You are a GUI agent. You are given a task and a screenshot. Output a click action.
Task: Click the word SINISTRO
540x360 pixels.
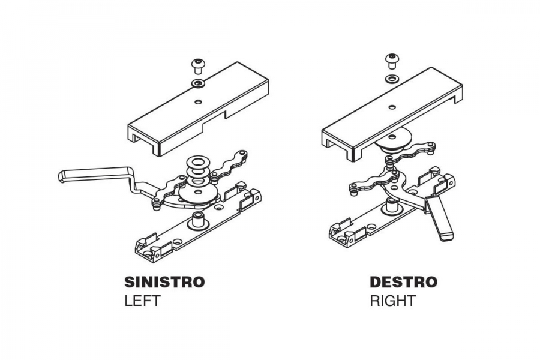pos(164,282)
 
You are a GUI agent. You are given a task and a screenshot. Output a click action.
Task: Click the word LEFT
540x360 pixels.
pos(142,301)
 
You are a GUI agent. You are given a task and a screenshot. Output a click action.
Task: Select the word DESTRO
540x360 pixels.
pos(404,282)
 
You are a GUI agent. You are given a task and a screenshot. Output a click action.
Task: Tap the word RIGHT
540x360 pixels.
pos(392,301)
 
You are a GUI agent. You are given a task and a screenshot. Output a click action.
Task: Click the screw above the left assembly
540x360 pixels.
pos(197,66)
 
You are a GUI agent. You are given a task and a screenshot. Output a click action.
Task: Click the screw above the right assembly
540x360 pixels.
pos(391,61)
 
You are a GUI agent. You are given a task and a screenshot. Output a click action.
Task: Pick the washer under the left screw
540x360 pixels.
pos(198,83)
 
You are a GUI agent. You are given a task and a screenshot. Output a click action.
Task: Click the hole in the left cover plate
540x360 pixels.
pos(197,101)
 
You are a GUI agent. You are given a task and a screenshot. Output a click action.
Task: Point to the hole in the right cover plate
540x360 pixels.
pos(391,107)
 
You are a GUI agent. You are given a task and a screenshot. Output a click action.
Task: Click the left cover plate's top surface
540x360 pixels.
pos(199,103)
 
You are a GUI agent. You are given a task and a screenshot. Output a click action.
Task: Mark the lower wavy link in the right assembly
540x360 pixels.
pos(370,182)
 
